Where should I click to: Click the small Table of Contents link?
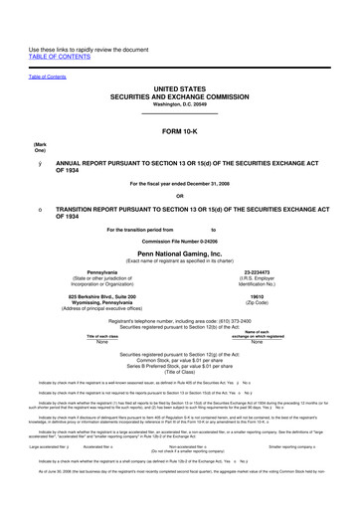tap(48, 76)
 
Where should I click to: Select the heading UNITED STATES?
tap(180, 88)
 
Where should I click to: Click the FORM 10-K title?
tap(180, 131)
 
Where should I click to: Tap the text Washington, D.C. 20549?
tap(180, 104)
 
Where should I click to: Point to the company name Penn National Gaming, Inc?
tap(180, 254)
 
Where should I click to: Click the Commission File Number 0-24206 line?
tap(180, 242)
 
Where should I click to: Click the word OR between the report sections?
tap(180, 195)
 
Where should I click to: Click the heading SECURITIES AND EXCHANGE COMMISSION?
tap(180, 96)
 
